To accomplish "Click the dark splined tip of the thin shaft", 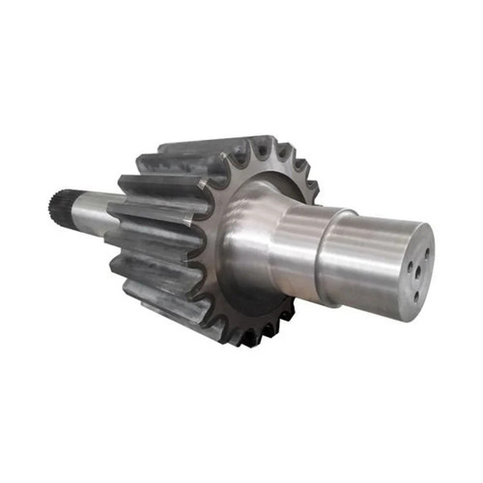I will (56, 204).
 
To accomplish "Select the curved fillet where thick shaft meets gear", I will (246, 232).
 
